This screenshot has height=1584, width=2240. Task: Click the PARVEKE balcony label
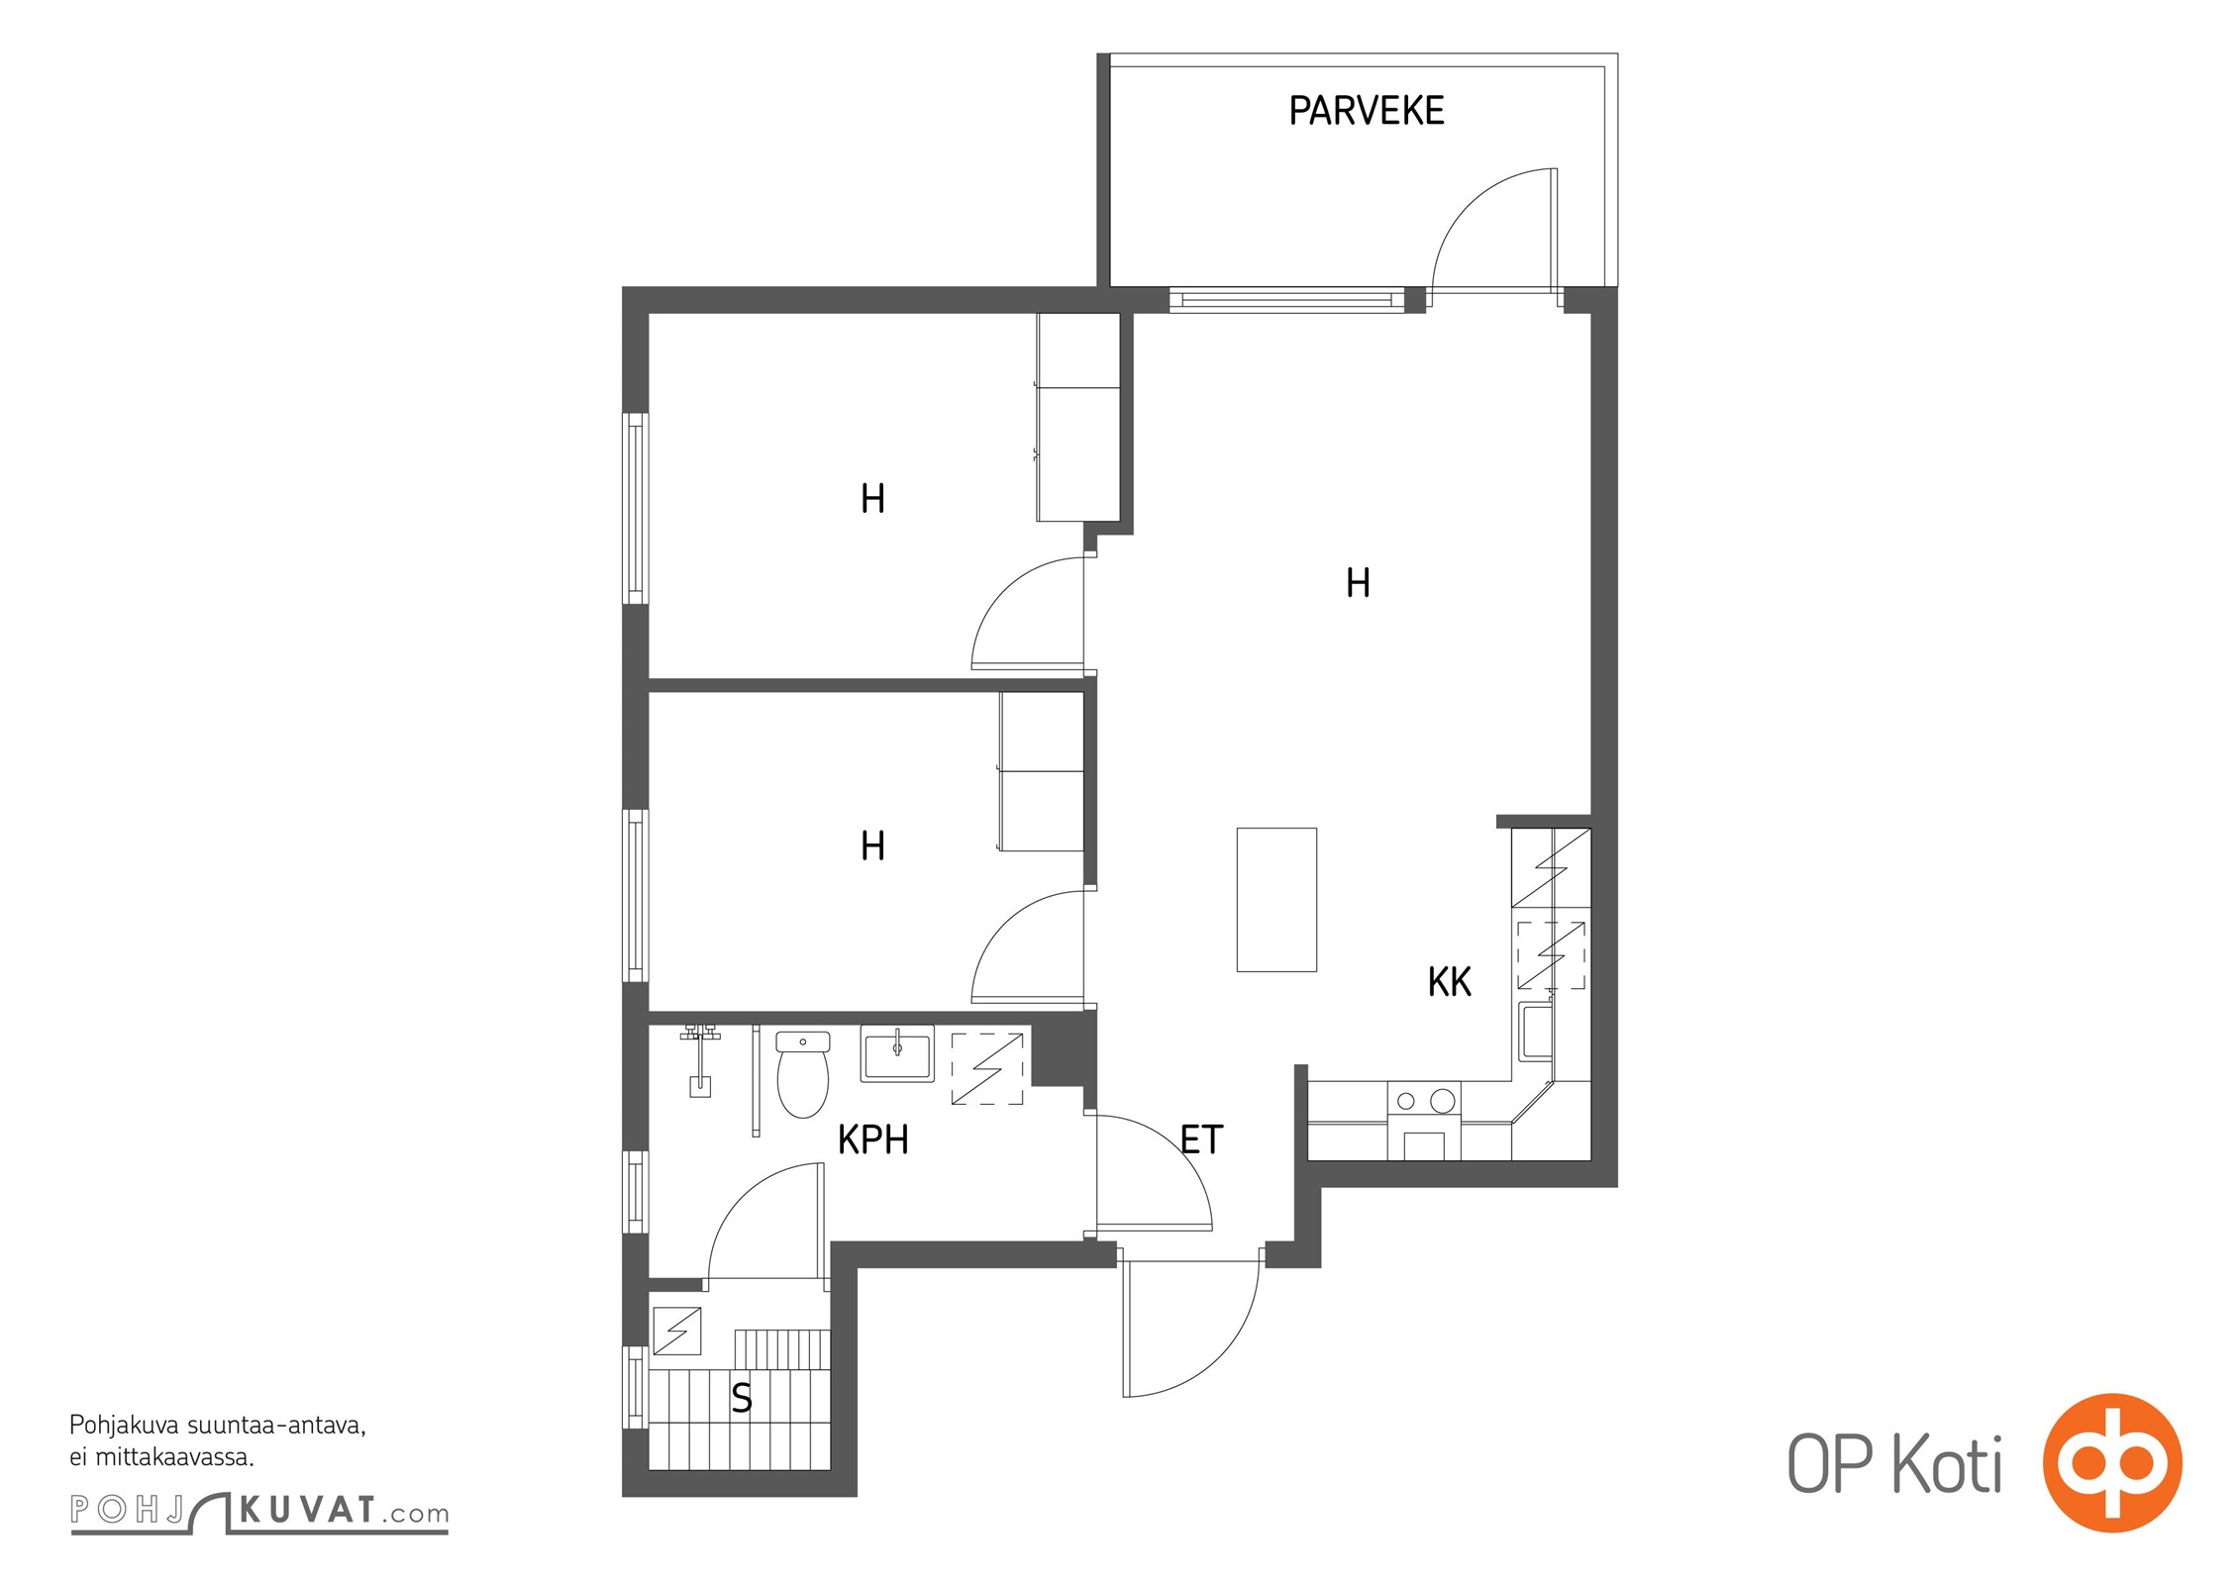click(1366, 110)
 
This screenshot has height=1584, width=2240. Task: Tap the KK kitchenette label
click(1449, 982)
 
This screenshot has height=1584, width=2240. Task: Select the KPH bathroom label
click(872, 1139)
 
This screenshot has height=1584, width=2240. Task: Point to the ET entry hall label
click(1201, 1139)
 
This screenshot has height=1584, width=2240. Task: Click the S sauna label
click(741, 1398)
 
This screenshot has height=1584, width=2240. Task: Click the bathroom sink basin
click(897, 1053)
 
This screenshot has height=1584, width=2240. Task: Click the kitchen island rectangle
click(1276, 899)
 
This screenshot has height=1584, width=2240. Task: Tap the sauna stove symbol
click(677, 1332)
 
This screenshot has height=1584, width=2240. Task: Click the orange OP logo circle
click(2112, 1462)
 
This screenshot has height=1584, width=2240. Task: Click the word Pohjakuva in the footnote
click(125, 1426)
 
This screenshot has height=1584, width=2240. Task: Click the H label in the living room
click(1358, 583)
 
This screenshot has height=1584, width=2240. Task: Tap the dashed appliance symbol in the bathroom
click(987, 1068)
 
